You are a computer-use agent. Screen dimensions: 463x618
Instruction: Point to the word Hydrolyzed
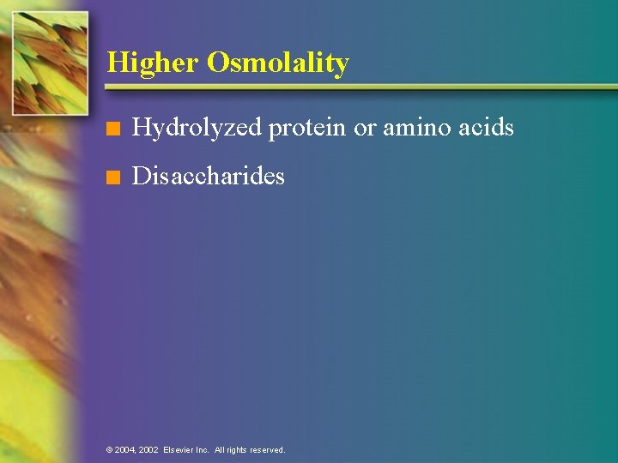pos(197,128)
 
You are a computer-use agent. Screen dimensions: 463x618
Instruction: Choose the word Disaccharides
pos(209,177)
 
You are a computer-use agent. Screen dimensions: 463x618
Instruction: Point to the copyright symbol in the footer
pos(109,450)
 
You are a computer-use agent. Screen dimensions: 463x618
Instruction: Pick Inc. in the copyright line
pos(203,450)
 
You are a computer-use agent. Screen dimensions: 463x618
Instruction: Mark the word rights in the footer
pos(239,450)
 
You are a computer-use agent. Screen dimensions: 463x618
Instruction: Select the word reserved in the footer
pos(269,450)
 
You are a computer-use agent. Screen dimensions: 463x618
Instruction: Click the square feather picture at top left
pos(51,63)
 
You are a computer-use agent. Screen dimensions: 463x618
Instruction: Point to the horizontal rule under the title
pos(360,87)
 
